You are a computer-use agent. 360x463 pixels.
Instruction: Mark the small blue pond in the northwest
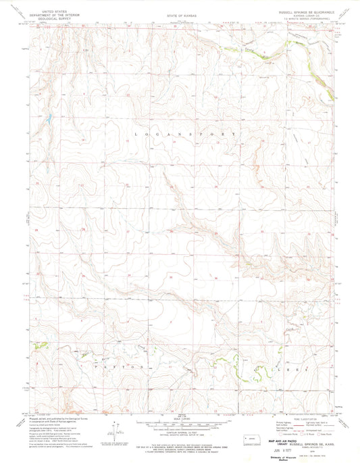click(x=49, y=120)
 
